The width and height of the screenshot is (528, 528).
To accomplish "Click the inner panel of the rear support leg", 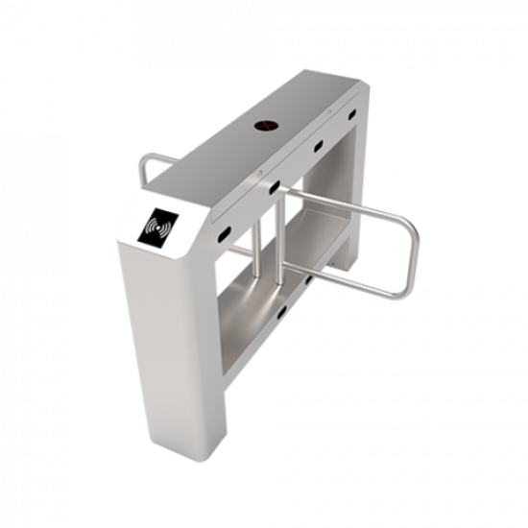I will pos(350,192).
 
